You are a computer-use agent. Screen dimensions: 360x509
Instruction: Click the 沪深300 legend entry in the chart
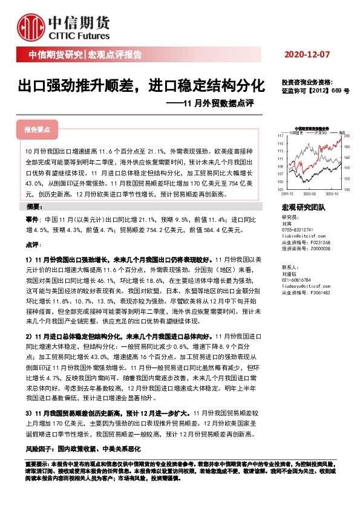tap(318, 132)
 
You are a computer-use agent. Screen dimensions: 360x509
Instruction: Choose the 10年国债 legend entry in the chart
tap(296, 132)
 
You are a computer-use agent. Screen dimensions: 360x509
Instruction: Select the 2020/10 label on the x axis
tap(332, 194)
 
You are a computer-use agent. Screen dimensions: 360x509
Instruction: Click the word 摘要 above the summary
tap(34, 207)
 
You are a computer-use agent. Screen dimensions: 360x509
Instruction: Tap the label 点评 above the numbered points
tap(32, 246)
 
